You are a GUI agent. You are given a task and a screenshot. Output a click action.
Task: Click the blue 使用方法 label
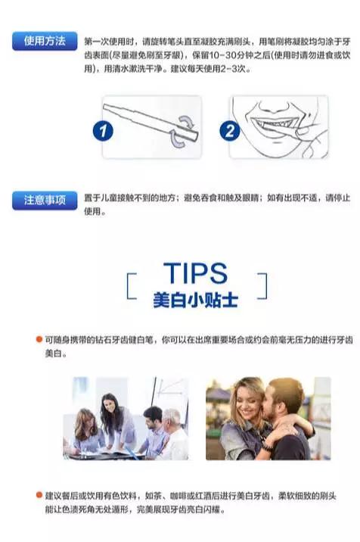tap(45, 41)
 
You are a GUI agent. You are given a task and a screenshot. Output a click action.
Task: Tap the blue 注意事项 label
tap(45, 200)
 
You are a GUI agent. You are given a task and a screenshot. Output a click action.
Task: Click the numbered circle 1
tap(103, 132)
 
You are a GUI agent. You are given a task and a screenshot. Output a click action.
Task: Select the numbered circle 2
tap(230, 132)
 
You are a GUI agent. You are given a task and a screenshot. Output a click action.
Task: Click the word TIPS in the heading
tap(195, 273)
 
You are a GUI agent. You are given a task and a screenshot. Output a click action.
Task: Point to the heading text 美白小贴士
tap(196, 300)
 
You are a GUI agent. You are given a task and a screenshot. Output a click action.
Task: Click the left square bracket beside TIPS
tap(131, 286)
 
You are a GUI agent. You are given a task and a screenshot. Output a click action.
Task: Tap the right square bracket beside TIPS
tap(262, 286)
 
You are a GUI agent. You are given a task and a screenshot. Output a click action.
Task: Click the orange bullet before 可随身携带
tap(39, 339)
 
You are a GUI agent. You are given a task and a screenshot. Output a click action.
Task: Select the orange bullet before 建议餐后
tap(39, 495)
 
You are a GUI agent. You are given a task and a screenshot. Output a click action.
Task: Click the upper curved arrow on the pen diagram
tap(187, 121)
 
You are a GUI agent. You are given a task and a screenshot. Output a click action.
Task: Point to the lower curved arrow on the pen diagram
tap(177, 141)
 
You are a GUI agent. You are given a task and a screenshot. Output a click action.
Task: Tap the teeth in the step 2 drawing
tap(273, 123)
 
